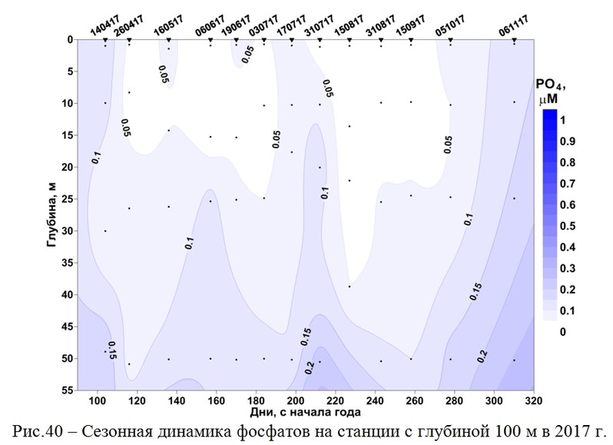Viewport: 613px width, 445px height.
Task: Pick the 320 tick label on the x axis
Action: click(535, 401)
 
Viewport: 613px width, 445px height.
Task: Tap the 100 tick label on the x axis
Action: click(97, 401)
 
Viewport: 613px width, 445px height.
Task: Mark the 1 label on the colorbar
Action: click(564, 121)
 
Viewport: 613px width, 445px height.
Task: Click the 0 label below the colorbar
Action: click(564, 331)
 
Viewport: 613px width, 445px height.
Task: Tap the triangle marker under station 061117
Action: click(514, 39)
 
